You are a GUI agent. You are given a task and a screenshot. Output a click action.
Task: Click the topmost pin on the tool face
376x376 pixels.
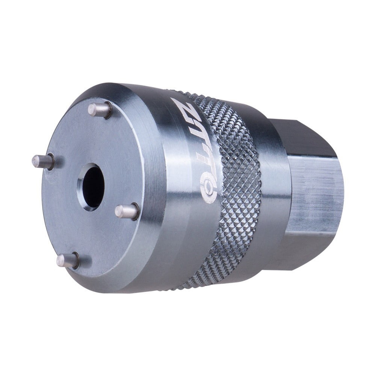(100, 109)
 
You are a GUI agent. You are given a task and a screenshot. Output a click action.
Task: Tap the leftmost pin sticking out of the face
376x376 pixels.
(43, 161)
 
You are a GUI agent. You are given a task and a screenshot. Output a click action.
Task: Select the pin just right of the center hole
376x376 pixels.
(127, 211)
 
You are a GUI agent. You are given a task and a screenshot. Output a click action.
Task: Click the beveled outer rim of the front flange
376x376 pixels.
(150, 188)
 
